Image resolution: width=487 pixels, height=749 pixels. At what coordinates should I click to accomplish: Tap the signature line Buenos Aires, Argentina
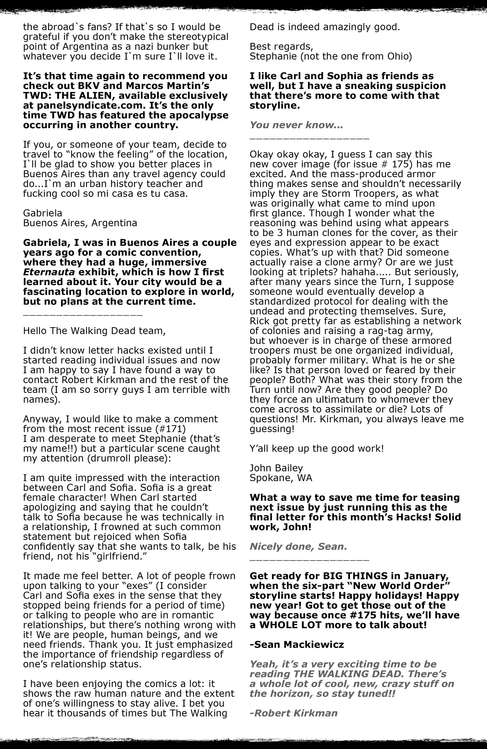[80, 223]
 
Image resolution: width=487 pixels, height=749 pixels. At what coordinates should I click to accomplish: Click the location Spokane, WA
[281, 478]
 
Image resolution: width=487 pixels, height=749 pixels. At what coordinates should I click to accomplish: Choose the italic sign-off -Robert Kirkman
[293, 713]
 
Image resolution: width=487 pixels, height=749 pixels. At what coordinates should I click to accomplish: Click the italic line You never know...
[296, 125]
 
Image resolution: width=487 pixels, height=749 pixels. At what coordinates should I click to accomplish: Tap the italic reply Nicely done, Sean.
[298, 547]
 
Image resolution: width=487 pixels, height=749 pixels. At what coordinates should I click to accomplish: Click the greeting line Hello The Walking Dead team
[94, 331]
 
